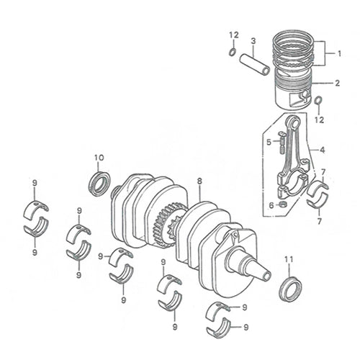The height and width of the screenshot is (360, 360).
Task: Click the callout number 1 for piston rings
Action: [x=339, y=53]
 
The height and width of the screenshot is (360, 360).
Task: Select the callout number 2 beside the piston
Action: [x=338, y=84]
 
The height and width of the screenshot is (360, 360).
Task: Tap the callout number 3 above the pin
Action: [x=253, y=41]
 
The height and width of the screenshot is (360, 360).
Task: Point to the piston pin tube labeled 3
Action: [x=255, y=65]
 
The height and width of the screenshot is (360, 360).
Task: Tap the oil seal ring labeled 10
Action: [x=99, y=184]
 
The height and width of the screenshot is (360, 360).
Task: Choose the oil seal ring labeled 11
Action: [x=290, y=289]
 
